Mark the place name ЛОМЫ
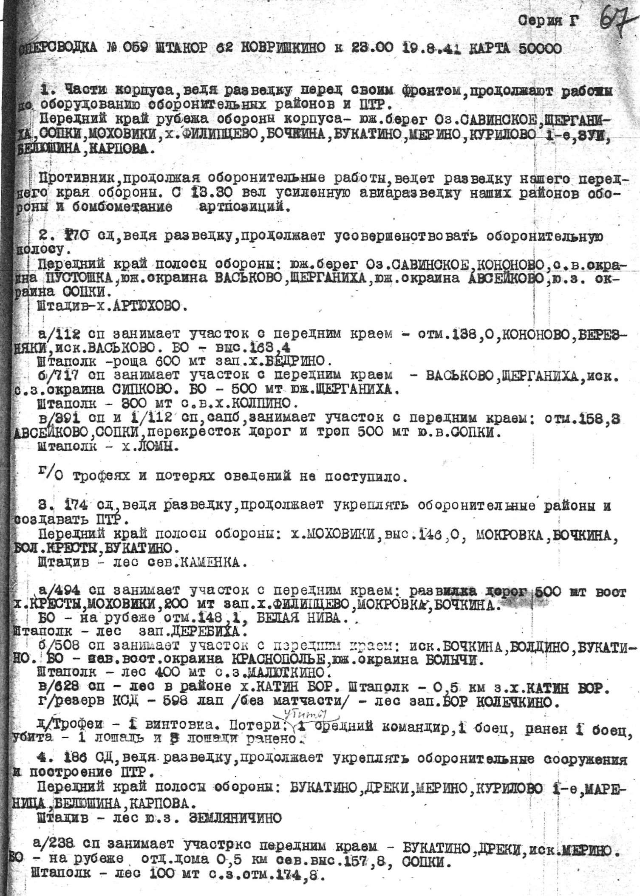[151, 447]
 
